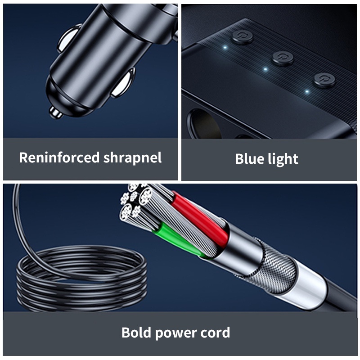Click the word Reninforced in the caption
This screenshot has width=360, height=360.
click(x=59, y=157)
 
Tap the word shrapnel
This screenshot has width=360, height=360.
click(x=132, y=158)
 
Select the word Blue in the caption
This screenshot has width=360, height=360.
click(x=249, y=159)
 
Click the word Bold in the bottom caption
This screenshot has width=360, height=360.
click(x=136, y=332)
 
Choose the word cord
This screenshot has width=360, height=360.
click(x=215, y=333)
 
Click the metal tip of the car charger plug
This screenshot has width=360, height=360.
click(x=55, y=113)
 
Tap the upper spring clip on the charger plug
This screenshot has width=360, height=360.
click(x=68, y=38)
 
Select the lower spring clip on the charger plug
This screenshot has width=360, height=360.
click(x=123, y=83)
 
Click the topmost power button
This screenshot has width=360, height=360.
click(x=242, y=37)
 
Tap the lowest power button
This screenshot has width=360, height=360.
click(x=324, y=80)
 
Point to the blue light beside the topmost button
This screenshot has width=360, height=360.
click(x=225, y=48)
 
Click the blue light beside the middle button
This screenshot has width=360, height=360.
click(x=265, y=69)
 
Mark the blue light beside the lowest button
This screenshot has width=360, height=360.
click(x=307, y=92)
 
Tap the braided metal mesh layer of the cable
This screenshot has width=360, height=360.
click(x=273, y=266)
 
